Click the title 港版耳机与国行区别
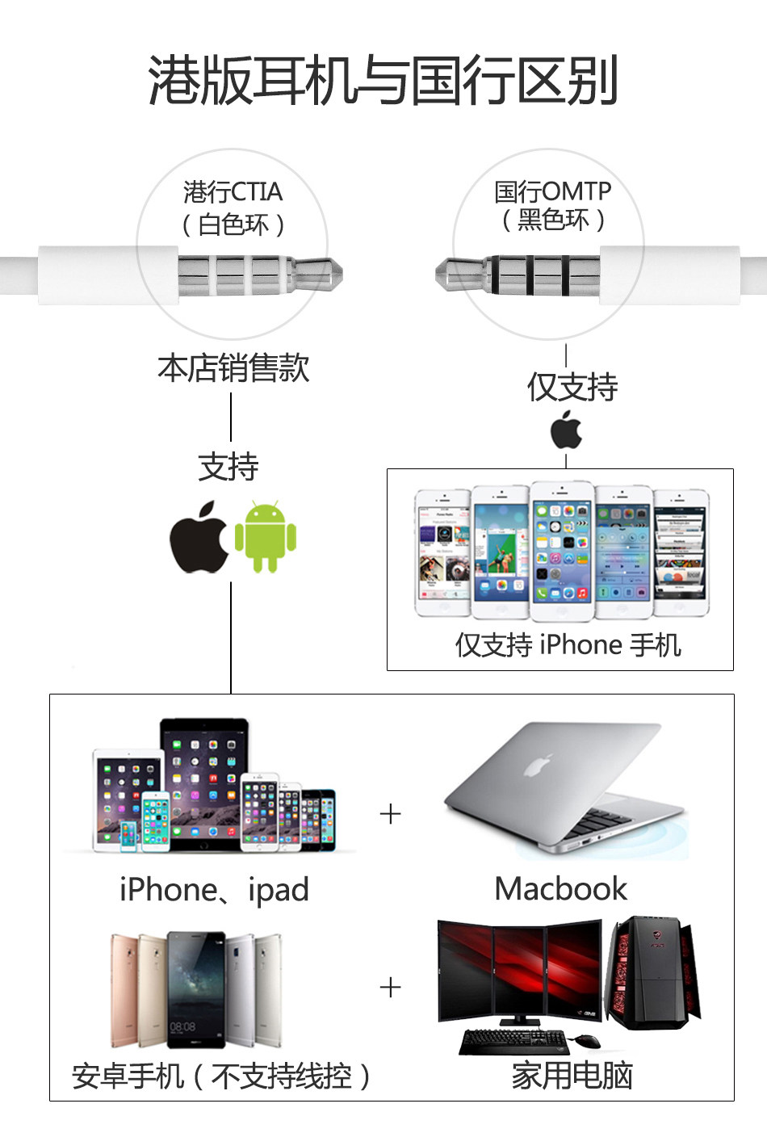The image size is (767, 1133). [383, 81]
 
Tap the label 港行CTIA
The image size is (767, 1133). [233, 192]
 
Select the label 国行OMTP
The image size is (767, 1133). [552, 191]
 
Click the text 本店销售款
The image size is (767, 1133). [233, 368]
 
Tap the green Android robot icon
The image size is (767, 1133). [266, 536]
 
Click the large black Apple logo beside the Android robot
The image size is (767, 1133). [199, 538]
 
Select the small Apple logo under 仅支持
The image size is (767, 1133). [567, 430]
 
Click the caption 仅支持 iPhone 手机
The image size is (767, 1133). [568, 644]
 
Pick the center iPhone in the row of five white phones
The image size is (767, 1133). [562, 552]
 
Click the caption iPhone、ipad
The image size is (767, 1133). [214, 889]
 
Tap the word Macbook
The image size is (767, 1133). [560, 888]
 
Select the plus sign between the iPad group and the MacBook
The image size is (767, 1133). [390, 813]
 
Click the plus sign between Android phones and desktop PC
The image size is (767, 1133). [390, 987]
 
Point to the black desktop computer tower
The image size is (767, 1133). [653, 973]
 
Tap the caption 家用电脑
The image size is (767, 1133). [572, 1076]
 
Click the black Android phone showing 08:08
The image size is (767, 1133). [195, 990]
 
